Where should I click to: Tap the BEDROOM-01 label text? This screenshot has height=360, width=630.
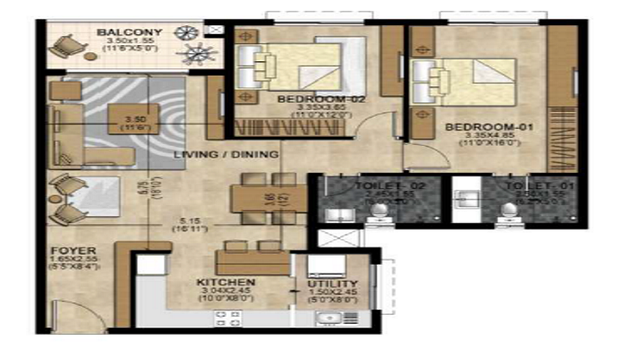490,128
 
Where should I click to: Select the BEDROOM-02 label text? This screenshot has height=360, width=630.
308,98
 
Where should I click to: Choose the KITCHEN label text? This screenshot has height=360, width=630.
227,282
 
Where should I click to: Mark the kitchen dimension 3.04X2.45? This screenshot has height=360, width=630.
227,292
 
